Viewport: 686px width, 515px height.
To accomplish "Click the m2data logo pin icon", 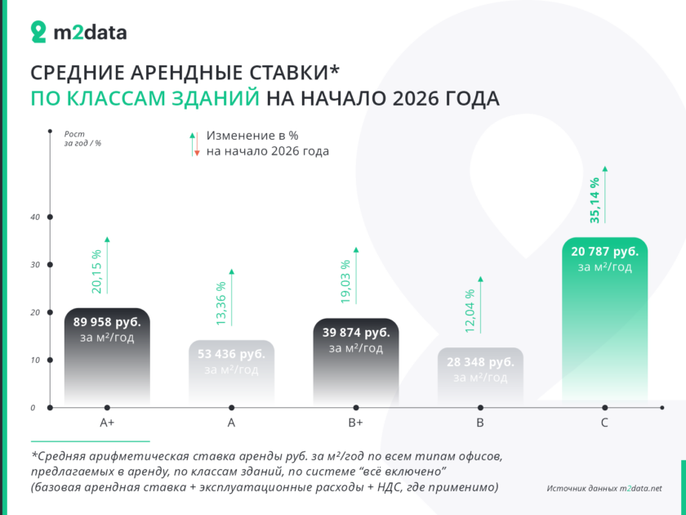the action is (38, 32).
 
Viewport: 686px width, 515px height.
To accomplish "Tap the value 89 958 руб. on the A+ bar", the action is (107, 322).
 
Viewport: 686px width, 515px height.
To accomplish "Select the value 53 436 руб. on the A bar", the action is (231, 354).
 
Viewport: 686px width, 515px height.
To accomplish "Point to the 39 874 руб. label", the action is (356, 333).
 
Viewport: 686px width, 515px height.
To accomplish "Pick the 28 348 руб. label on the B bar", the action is (480, 362).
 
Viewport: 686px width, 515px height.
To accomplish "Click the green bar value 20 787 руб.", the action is (604, 252).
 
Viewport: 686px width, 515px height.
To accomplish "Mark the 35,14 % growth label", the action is (595, 200).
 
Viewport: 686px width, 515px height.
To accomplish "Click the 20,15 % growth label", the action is (96, 271).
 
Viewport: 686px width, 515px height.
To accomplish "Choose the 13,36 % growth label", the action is (221, 303).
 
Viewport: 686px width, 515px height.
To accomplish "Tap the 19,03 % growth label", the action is (345, 282).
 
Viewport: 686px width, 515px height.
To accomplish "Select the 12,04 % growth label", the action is (470, 311).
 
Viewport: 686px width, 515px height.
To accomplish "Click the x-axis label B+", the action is (356, 423).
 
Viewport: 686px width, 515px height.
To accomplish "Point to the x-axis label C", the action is (604, 423).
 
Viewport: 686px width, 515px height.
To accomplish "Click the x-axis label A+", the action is (107, 423).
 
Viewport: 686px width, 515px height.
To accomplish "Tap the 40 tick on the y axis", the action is (35, 217).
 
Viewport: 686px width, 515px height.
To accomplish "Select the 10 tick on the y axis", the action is (35, 360).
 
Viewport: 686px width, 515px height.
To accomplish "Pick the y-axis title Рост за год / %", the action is (82, 138).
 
